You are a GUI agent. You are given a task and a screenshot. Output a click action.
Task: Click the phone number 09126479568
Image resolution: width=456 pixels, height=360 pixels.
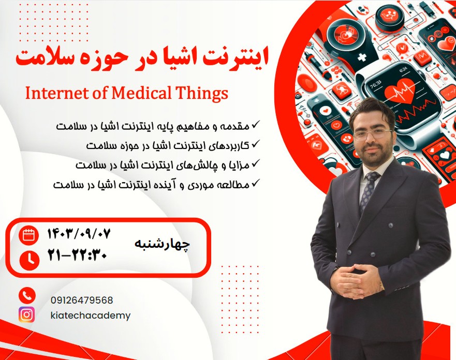pos(82,300)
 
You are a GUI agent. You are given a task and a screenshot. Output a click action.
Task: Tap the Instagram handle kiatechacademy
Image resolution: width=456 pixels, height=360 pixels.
pos(91,315)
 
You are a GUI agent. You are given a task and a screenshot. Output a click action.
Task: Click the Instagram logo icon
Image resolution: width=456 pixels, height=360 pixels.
pos(27,314)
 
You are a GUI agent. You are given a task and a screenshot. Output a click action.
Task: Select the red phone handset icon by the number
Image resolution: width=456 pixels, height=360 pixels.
pos(27,296)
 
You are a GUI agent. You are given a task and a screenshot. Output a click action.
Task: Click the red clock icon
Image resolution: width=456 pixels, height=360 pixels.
pos(29,259)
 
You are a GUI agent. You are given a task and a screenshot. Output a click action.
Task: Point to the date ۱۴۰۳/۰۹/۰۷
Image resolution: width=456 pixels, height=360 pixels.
pos(79,234)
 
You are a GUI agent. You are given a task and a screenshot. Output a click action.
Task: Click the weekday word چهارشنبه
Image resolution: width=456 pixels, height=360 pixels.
pos(162,244)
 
